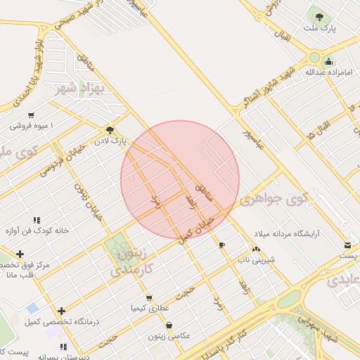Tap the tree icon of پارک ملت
pyautogui.click(x=320, y=15)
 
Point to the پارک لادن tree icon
pyautogui.click(x=110, y=129)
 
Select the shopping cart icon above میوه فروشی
pyautogui.click(x=31, y=115)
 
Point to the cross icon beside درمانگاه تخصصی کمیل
pyautogui.click(x=62, y=310)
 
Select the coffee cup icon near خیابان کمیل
pyautogui.click(x=223, y=245)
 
